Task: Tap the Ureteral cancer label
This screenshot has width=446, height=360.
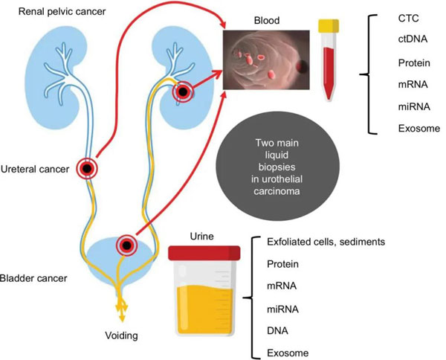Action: pyautogui.click(x=38, y=169)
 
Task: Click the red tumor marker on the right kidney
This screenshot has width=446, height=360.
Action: pyautogui.click(x=184, y=93)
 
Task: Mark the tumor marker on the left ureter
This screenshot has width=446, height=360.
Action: pyautogui.click(x=88, y=169)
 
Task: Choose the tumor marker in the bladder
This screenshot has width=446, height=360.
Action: pyautogui.click(x=128, y=245)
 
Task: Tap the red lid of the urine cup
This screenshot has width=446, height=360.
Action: pyautogui.click(x=201, y=253)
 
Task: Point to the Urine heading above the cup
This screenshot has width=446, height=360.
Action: pyautogui.click(x=201, y=236)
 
